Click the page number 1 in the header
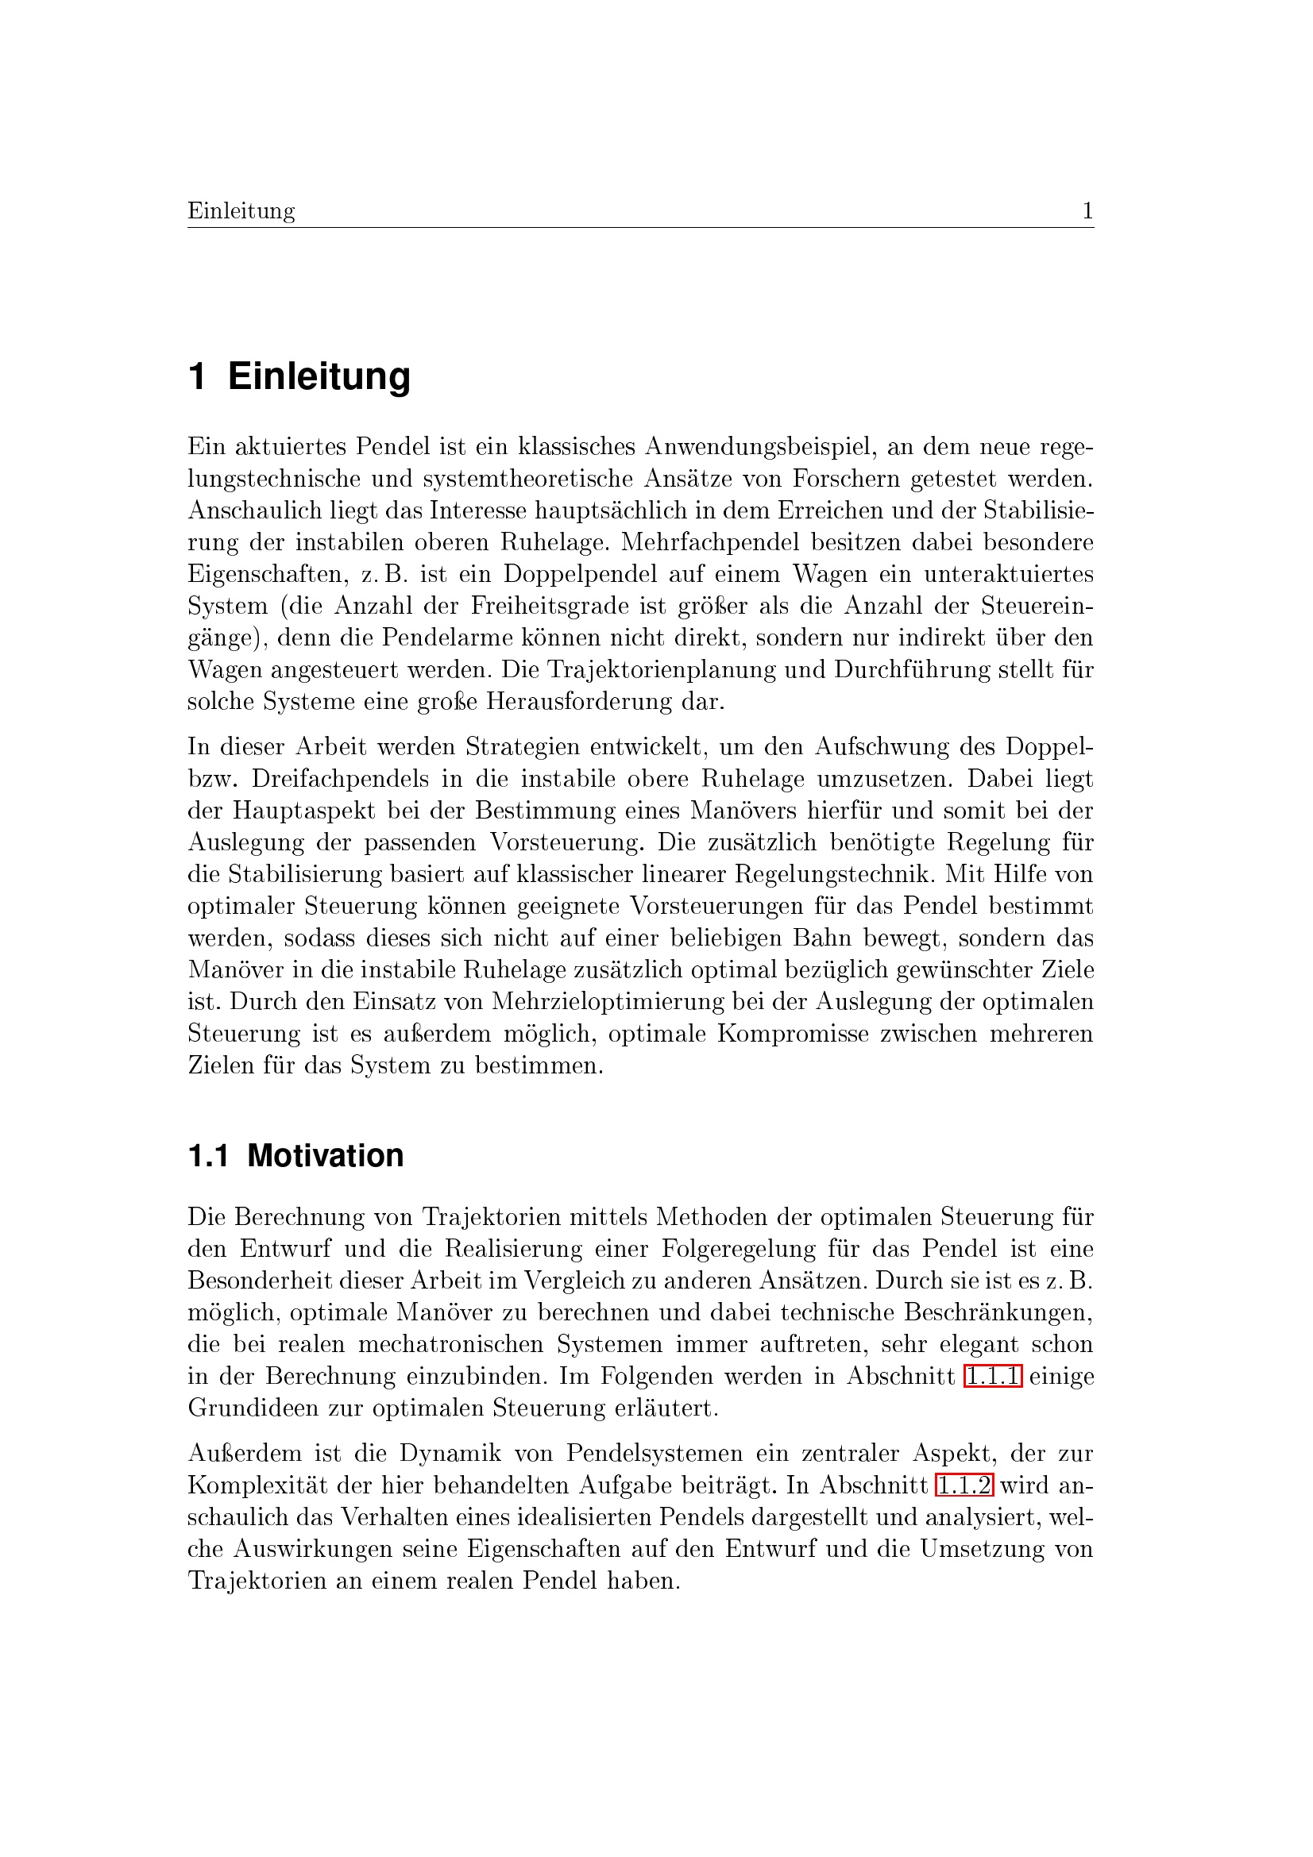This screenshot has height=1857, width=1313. [1087, 211]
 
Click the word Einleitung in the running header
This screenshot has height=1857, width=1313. [241, 211]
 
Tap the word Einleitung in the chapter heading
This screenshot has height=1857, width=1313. [319, 377]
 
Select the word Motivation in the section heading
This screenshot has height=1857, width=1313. [325, 1156]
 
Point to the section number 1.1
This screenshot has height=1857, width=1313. [209, 1156]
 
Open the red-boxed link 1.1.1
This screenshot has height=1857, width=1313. [993, 1376]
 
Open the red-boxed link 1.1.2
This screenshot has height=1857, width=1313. [964, 1485]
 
